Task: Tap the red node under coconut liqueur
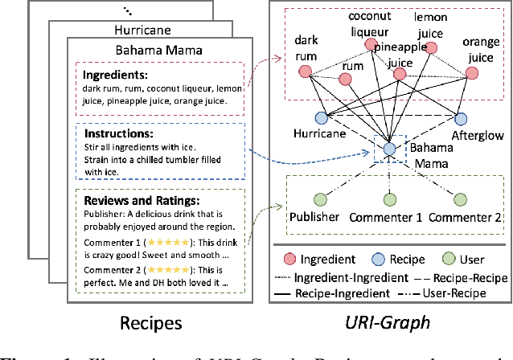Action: tap(371, 45)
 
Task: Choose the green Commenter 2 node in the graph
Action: tap(460, 198)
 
